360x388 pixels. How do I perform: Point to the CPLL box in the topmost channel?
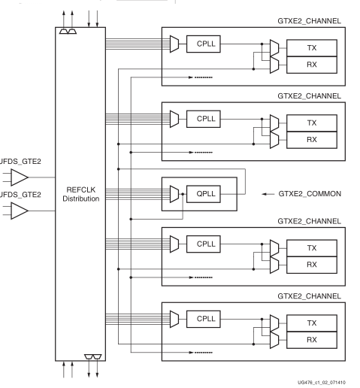tap(204, 44)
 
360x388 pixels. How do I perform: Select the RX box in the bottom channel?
tap(310, 340)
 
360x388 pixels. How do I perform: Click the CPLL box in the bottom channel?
tap(204, 319)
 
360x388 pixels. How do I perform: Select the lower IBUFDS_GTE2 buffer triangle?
tap(19, 213)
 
